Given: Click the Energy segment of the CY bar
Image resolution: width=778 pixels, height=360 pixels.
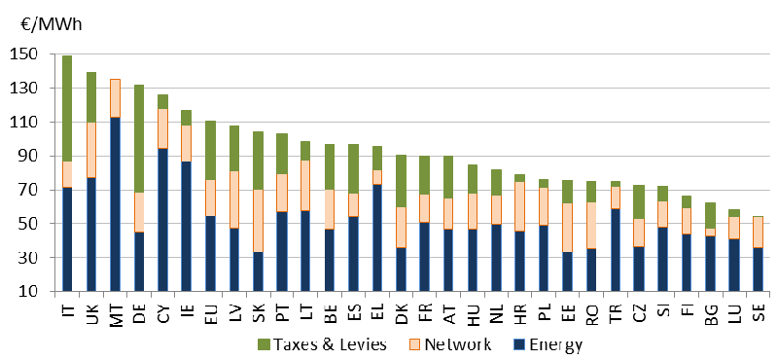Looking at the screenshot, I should click(x=161, y=219).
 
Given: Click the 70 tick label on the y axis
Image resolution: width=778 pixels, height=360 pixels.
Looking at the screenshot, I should click(x=25, y=190).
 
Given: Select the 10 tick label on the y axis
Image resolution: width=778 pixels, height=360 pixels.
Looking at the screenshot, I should click(x=25, y=291).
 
